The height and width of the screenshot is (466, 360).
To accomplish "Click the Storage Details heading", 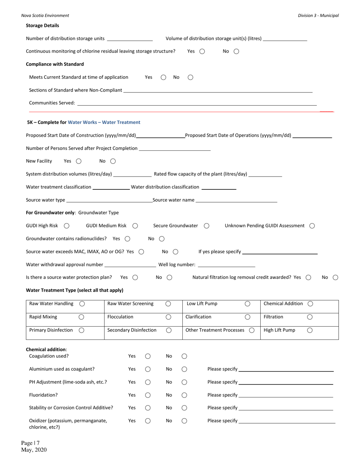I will point(42,25).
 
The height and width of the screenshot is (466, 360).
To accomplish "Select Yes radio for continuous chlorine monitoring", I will point(202,52).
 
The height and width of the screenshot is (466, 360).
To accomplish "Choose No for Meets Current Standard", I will point(190,77).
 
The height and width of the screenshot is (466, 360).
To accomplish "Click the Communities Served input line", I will point(197,103).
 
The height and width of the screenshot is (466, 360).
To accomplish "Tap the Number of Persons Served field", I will point(175,148).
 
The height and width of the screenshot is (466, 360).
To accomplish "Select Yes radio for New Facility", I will point(78,161).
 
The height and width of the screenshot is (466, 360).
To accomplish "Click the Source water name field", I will point(236,200).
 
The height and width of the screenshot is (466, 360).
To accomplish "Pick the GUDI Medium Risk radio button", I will point(135,226).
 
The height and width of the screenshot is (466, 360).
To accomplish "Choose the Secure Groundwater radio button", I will point(207,226).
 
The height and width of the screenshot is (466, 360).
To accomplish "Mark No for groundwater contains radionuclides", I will point(162,239).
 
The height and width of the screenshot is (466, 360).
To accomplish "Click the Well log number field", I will point(226,264).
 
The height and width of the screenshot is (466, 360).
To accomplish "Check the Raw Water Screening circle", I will point(168,304).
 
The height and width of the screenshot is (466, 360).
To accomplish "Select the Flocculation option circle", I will point(169,317).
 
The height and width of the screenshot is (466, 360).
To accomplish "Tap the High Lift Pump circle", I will point(310,330).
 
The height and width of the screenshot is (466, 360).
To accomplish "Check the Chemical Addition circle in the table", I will point(310,304).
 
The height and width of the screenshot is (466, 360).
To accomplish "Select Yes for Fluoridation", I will point(148,395).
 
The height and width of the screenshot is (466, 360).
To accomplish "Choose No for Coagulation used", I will point(184,356).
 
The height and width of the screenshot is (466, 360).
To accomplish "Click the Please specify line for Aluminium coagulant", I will point(286,369).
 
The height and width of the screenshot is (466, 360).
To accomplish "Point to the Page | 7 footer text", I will point(30,443).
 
